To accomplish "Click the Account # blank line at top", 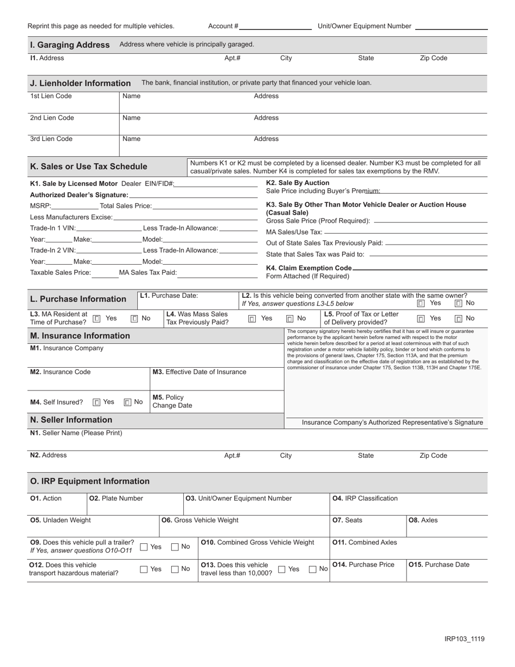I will [275, 27].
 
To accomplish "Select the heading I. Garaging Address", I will [69, 44].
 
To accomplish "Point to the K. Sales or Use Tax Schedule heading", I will [88, 166].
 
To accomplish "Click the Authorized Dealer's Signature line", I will [193, 195].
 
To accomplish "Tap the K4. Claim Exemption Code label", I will [308, 268].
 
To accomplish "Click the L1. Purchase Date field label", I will [169, 296].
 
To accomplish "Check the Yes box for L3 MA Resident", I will [96, 319].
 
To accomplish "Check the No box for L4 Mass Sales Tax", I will [290, 319].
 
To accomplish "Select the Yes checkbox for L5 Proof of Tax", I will [421, 319].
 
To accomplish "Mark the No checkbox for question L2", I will [459, 304].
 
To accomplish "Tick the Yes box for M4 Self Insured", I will [96, 402].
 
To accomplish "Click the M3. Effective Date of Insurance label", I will [199, 372].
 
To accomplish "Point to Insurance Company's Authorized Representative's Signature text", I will [392, 422].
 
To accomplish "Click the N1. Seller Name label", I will [76, 433].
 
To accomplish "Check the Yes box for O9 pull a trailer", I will [144, 547].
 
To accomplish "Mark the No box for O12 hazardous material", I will [175, 569].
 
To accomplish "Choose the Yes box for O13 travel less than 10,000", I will [282, 569].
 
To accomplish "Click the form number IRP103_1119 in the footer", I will [465, 639].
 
